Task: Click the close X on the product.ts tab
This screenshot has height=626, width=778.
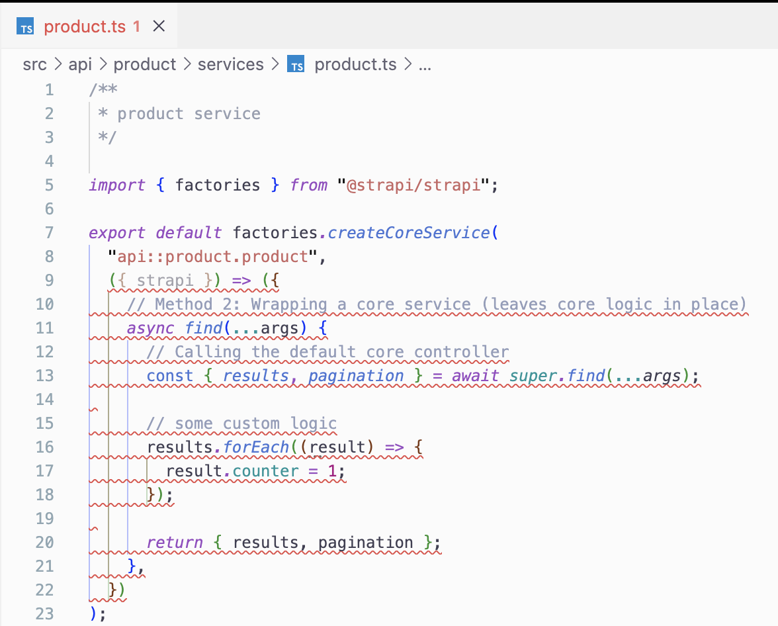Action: [x=159, y=26]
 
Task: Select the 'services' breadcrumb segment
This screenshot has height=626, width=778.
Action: [x=230, y=65]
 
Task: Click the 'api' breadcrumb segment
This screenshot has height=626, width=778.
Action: [x=80, y=65]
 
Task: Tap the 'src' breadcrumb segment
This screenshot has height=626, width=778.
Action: [x=35, y=65]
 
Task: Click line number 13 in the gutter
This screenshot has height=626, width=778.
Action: [x=44, y=376]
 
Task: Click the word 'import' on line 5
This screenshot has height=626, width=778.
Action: [x=117, y=185]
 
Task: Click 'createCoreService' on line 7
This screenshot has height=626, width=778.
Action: [x=408, y=233]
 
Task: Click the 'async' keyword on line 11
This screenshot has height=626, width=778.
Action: [x=150, y=328]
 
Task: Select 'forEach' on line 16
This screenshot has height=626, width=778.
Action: [x=257, y=447]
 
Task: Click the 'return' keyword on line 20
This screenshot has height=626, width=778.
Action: [x=175, y=543]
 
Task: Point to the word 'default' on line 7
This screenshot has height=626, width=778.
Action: [x=189, y=233]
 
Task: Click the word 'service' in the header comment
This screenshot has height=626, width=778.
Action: [x=227, y=114]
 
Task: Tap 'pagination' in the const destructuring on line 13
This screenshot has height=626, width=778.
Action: [x=356, y=376]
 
